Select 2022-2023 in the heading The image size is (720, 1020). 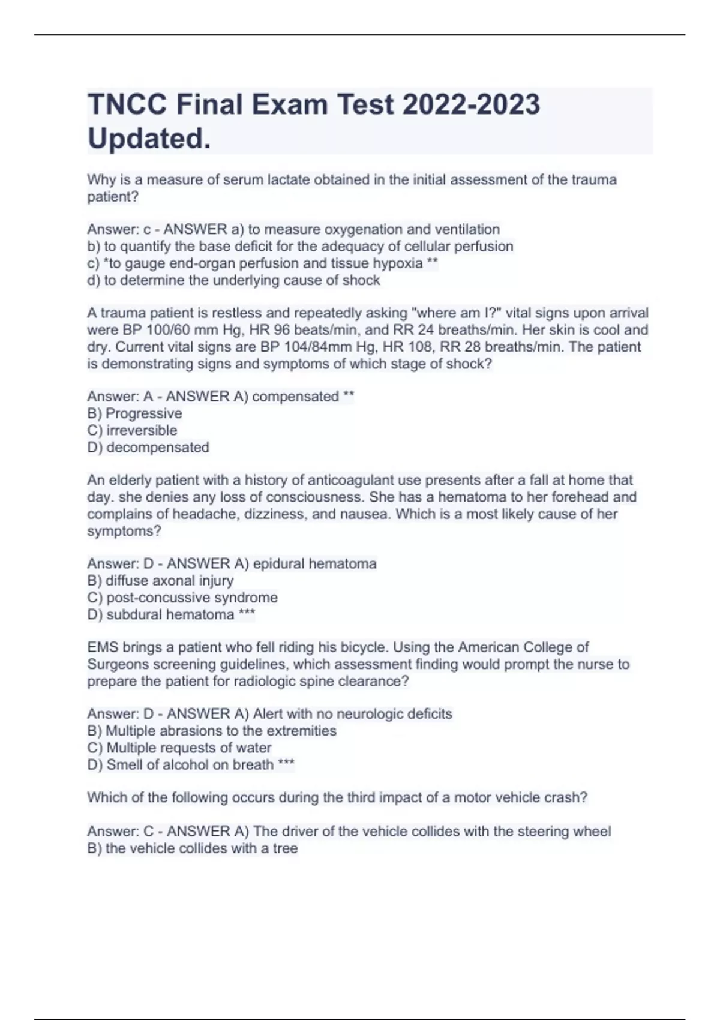471,105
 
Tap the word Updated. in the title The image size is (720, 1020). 149,139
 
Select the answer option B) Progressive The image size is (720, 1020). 134,413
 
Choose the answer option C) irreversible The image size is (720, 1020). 132,430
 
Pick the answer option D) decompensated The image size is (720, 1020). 148,447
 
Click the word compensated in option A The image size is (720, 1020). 296,397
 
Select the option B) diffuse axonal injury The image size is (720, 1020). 160,581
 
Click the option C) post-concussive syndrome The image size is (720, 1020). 182,598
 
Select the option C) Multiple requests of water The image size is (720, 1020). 179,748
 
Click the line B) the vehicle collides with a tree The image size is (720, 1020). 193,848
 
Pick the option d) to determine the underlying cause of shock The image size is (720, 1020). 233,280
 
